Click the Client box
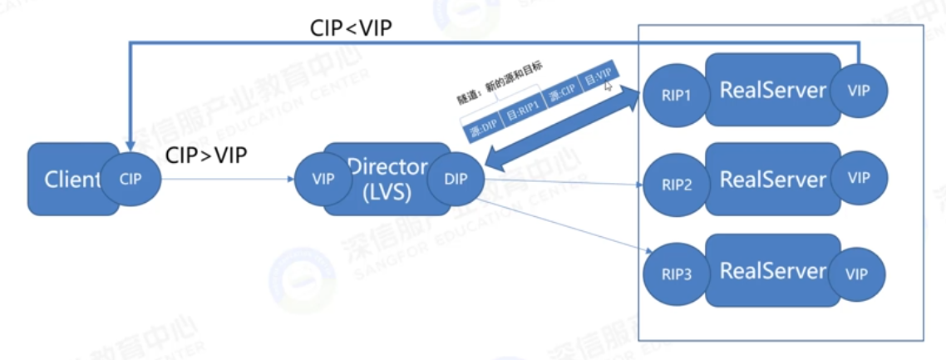click(x=62, y=179)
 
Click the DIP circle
click(x=456, y=178)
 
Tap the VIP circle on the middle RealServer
click(x=859, y=177)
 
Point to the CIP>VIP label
click(x=206, y=155)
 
